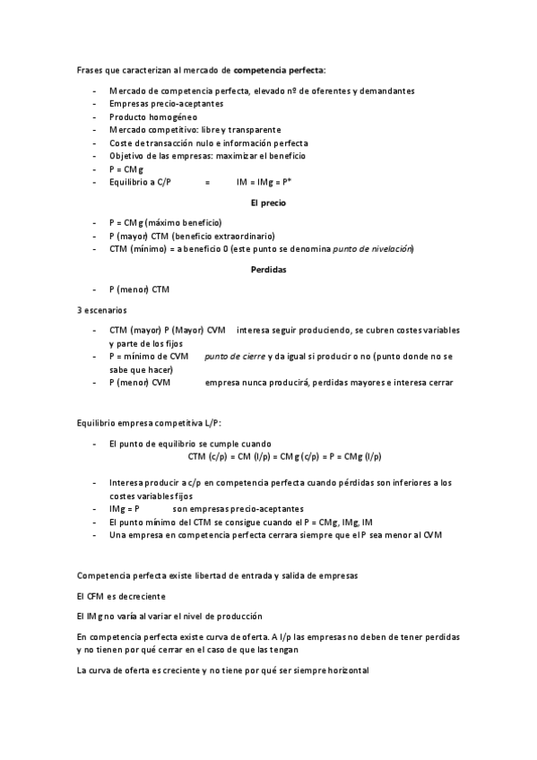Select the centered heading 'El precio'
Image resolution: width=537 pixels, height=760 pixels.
269,203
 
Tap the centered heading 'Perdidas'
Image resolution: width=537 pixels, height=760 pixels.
269,270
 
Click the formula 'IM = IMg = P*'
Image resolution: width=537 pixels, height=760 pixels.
265,182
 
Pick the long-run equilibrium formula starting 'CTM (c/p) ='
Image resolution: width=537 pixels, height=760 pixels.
285,456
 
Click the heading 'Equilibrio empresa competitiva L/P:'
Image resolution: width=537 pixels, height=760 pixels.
149,422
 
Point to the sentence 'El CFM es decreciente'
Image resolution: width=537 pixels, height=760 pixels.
121,596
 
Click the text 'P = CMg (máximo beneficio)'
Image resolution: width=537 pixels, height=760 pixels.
165,222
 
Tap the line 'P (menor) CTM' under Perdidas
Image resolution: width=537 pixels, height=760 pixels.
138,289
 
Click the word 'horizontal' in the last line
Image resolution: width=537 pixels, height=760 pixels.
344,670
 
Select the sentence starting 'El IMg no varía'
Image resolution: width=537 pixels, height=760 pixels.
169,616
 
